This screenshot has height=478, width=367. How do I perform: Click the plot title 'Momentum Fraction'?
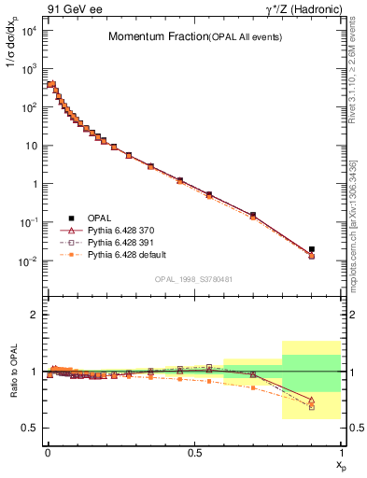(x=148, y=37)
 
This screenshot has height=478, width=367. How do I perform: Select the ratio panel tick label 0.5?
(x=29, y=428)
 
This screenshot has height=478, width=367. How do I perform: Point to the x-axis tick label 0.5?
(x=194, y=452)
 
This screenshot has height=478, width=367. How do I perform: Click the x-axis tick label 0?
(x=48, y=452)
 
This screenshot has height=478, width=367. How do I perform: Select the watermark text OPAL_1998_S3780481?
(x=194, y=278)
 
